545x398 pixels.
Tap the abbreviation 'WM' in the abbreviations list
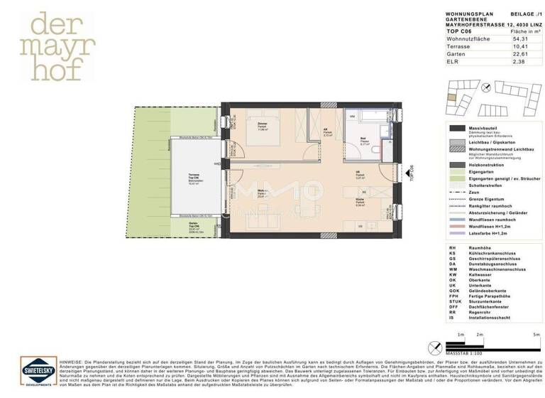pyautogui.click(x=452, y=270)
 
